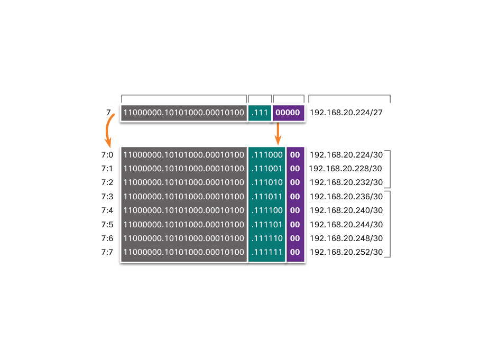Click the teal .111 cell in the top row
[x=260, y=113]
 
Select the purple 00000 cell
[x=288, y=113]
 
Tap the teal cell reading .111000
[x=267, y=155]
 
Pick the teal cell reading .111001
[x=267, y=169]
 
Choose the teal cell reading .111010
[x=267, y=182]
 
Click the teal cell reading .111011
[x=267, y=197]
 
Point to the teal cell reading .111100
[x=267, y=210]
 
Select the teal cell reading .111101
[x=267, y=225]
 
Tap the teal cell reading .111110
[x=267, y=238]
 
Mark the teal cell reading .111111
[x=267, y=252]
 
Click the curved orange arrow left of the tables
[x=109, y=130]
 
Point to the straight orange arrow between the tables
[x=278, y=134]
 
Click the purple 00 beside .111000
[x=295, y=155]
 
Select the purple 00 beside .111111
[x=295, y=252]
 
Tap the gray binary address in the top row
[x=184, y=113]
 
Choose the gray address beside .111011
[x=184, y=197]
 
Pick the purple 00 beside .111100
[x=295, y=210]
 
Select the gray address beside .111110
[x=184, y=238]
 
